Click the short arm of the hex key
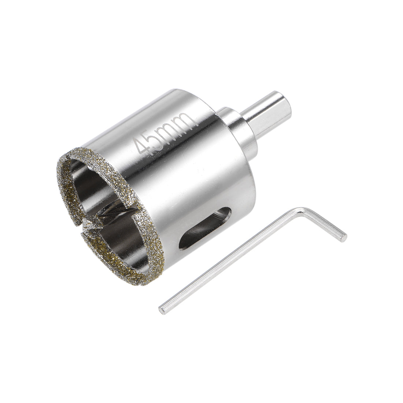[x=322, y=224]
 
